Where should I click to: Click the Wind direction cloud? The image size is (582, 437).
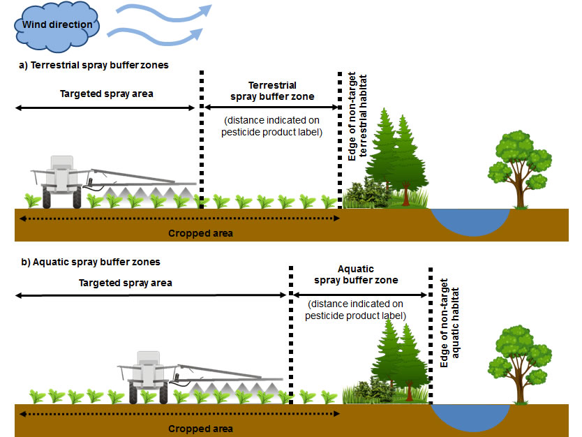(x=57, y=25)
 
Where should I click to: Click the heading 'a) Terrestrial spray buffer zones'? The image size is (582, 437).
(x=94, y=65)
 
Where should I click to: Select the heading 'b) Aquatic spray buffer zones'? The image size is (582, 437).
(x=91, y=262)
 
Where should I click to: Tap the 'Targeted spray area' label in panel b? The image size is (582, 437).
(x=125, y=283)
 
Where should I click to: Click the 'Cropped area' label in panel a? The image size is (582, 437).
(x=200, y=233)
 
